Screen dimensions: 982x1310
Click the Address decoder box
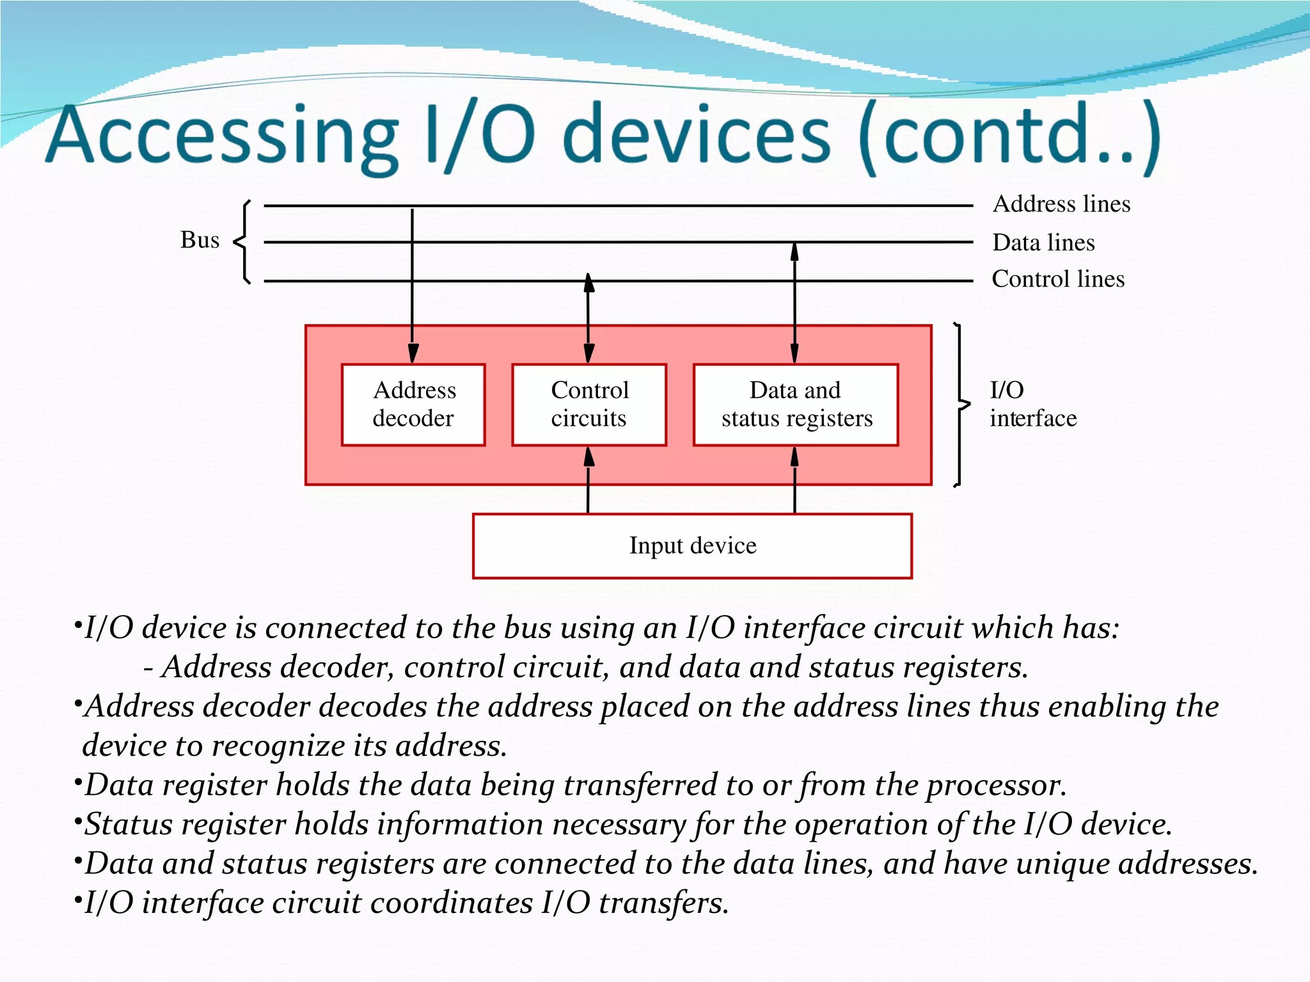click(413, 405)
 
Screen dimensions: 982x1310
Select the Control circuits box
click(589, 405)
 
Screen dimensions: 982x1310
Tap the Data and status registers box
click(796, 405)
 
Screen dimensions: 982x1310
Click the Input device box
click(692, 546)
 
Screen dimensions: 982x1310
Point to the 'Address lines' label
click(1061, 204)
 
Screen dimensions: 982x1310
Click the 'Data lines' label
click(1043, 243)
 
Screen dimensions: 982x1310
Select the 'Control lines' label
click(1058, 279)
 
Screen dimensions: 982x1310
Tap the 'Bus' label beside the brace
click(200, 240)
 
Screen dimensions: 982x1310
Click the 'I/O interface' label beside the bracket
click(1032, 404)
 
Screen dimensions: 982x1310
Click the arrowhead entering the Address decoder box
click(413, 354)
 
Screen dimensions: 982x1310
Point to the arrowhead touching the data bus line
click(794, 252)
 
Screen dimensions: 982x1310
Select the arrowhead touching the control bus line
click(588, 283)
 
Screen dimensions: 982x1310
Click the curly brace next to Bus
click(243, 242)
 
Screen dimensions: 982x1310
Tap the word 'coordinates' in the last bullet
click(451, 903)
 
